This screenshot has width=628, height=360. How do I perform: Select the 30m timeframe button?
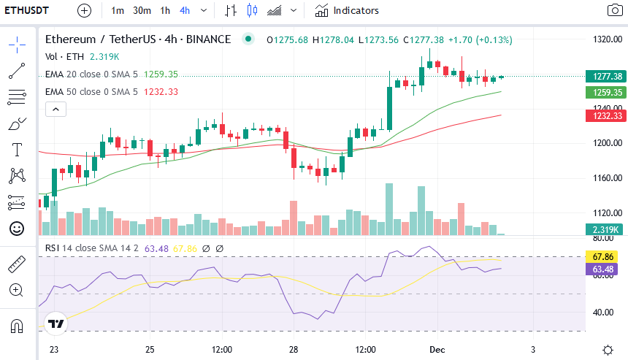[142, 10]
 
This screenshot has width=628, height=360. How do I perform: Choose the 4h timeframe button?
[185, 10]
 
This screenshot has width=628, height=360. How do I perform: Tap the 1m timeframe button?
[118, 10]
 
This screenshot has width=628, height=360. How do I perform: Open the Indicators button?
[347, 10]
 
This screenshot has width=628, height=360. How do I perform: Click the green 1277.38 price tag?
[606, 77]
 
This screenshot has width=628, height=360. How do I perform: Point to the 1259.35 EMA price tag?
[606, 93]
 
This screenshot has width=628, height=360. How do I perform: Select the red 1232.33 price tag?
[606, 115]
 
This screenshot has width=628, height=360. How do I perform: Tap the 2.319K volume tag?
[606, 229]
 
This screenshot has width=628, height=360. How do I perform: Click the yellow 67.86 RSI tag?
[602, 257]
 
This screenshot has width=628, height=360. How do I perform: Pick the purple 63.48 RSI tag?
[602, 269]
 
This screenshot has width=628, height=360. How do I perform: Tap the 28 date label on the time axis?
[293, 350]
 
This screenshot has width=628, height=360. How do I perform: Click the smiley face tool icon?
[17, 229]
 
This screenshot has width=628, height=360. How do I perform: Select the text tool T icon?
[17, 150]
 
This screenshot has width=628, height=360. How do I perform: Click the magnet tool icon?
[17, 325]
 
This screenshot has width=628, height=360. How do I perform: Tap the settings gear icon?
[608, 350]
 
